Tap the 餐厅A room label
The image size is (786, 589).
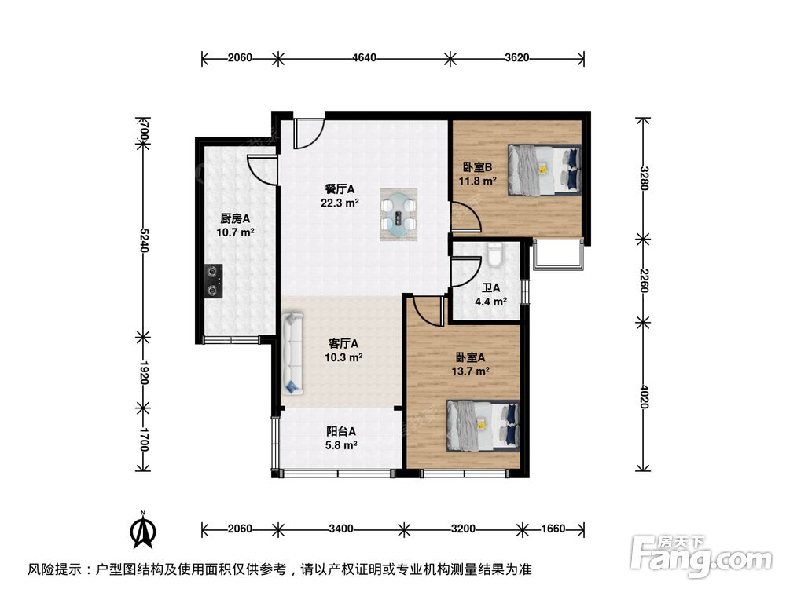341,188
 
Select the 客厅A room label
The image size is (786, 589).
343,343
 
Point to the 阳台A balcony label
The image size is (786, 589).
342,430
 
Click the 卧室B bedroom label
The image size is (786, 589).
477,166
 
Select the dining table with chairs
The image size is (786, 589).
399,213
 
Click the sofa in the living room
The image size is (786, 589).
292,353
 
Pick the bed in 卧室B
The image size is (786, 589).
544,170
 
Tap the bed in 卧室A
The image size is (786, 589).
483,425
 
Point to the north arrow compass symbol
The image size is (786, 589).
143,532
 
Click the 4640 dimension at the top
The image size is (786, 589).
364,57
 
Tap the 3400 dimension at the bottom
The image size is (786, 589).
340,529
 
